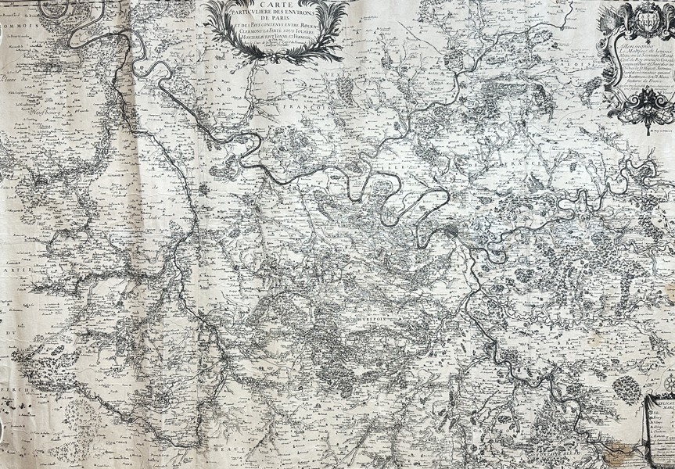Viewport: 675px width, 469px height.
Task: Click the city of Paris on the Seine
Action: [x=456, y=232]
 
